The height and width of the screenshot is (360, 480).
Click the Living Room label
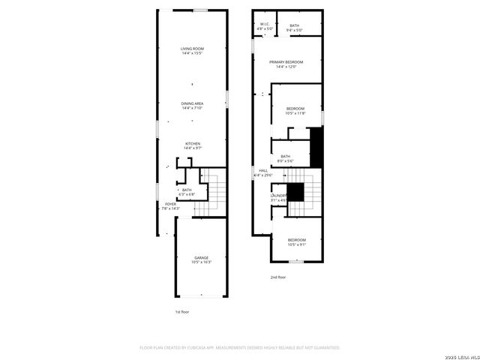coord(192,49)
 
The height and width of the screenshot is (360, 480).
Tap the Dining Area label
coord(192,103)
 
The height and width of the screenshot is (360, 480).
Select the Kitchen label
coord(192,143)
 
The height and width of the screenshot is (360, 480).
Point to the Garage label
coord(201,258)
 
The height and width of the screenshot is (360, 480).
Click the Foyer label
coord(171,203)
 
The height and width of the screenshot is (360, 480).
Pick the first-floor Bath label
coord(187,190)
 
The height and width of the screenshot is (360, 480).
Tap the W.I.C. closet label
coord(265,25)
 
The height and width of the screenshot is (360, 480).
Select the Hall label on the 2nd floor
coord(263,171)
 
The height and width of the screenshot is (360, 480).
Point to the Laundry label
coord(278,196)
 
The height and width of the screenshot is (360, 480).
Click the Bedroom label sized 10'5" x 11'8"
coord(295,109)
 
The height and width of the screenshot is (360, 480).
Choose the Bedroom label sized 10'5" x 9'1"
coord(297,240)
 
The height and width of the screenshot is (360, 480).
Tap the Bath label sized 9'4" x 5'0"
coord(295,25)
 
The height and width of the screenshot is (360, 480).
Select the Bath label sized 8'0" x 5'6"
coord(286,156)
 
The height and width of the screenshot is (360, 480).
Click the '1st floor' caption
coord(183,310)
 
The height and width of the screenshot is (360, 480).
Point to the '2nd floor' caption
coord(279,277)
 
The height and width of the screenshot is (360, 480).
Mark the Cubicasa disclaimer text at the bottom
coord(240,348)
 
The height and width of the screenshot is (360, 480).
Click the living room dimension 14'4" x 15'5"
coord(192,53)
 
